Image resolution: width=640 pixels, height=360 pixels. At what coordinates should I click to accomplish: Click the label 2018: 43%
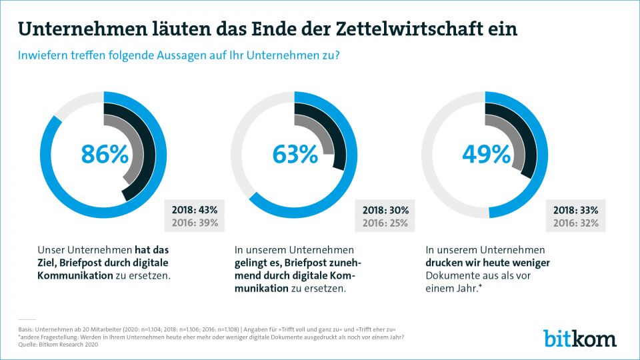pyautogui.click(x=195, y=209)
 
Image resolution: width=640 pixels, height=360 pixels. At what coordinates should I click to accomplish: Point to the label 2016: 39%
pyautogui.click(x=195, y=223)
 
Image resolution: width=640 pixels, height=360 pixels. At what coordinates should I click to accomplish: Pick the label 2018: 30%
pyautogui.click(x=385, y=209)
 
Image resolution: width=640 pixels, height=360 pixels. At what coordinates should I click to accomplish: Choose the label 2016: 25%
pyautogui.click(x=385, y=223)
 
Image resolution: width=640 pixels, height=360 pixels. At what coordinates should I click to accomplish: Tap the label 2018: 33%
pyautogui.click(x=576, y=209)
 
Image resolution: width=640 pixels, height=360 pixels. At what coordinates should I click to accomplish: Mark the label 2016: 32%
pyautogui.click(x=576, y=223)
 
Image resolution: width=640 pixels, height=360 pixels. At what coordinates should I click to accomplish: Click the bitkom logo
pyautogui.click(x=579, y=338)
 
